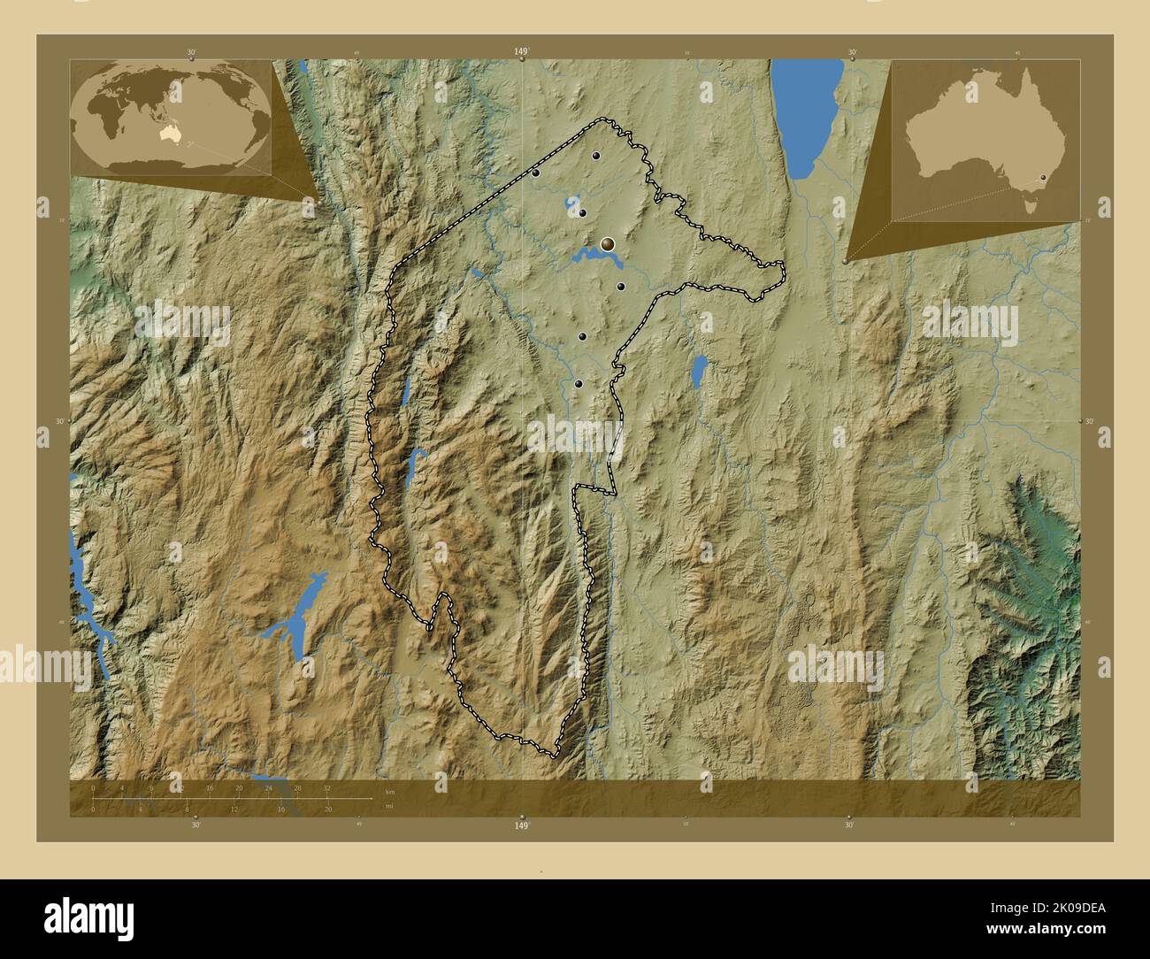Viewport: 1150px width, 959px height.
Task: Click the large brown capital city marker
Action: [608, 243]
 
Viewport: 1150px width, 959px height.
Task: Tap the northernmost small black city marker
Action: [596, 156]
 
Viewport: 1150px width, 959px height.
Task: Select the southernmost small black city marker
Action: [579, 384]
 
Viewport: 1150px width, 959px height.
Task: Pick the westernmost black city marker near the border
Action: [536, 173]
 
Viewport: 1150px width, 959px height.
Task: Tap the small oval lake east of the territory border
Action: [699, 371]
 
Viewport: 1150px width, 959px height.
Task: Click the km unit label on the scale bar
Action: [390, 791]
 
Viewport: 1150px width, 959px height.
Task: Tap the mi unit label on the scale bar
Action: [387, 805]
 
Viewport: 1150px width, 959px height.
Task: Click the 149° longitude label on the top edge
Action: [522, 52]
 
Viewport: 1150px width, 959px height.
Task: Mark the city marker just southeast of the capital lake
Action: [621, 286]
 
